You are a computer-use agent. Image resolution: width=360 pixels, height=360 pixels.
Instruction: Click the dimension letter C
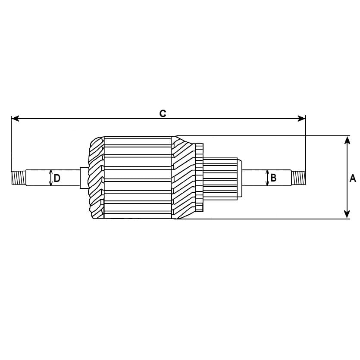(163, 114)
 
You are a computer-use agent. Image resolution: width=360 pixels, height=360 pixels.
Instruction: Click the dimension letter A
(353, 178)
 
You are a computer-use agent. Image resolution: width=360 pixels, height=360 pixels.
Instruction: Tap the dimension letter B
(273, 178)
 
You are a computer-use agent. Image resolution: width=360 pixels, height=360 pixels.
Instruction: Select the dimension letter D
(57, 178)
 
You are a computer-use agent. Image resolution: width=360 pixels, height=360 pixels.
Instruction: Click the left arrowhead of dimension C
(15, 119)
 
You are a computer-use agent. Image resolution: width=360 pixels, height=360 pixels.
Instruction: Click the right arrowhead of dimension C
(302, 119)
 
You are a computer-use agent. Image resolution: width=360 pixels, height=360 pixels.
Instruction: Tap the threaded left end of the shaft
(19, 178)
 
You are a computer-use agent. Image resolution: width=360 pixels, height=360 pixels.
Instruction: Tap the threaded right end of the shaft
(298, 178)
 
